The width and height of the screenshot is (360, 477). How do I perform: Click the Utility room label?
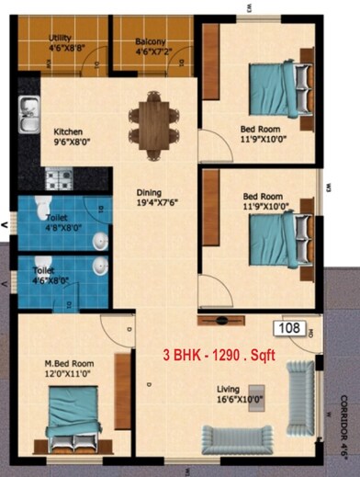(60, 38)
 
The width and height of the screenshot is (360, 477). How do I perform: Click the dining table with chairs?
(150, 115)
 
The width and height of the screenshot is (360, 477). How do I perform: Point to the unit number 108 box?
(289, 327)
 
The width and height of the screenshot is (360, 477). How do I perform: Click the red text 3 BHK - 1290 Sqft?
(219, 354)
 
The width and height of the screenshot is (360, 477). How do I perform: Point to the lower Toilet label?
(43, 271)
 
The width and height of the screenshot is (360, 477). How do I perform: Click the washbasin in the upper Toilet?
(99, 241)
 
